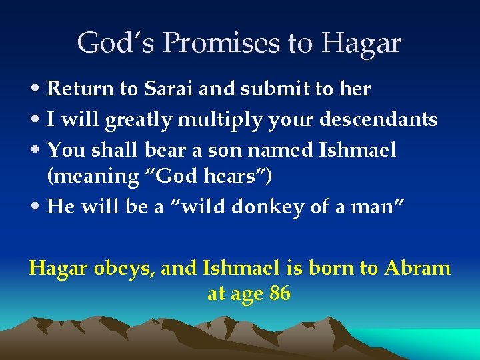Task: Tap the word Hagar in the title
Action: [363, 44]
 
